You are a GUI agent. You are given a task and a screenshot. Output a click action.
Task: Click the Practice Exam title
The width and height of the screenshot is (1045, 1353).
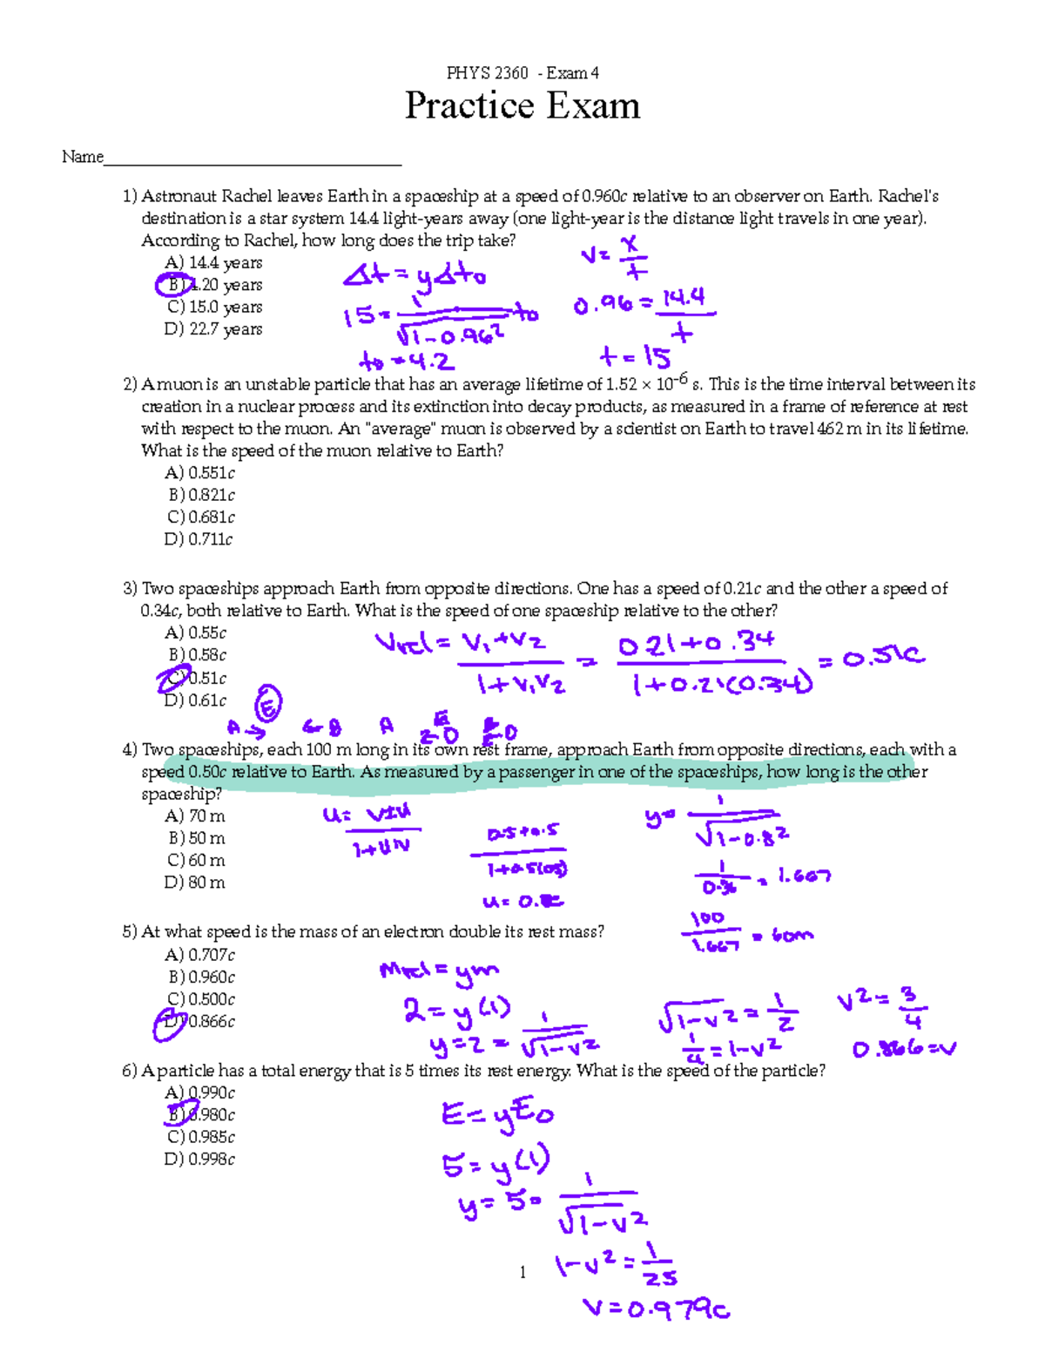522,106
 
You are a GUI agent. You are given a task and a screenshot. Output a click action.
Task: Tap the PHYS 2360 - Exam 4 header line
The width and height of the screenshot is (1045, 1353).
522,72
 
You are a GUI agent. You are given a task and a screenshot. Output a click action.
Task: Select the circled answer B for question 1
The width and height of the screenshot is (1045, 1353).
174,285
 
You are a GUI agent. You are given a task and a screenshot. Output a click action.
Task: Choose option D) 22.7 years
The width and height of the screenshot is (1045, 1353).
213,329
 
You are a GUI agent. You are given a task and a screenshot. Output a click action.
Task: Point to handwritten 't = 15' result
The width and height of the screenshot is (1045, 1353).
635,357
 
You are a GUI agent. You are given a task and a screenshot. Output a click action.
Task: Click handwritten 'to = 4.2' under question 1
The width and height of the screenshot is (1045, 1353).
406,361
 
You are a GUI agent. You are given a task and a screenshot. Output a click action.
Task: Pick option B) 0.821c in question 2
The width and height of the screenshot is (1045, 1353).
202,495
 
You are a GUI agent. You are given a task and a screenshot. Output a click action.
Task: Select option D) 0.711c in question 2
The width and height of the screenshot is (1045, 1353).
199,539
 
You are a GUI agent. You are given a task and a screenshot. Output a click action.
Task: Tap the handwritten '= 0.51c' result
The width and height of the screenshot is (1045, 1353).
871,658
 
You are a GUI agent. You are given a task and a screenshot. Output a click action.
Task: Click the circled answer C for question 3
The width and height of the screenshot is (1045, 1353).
174,678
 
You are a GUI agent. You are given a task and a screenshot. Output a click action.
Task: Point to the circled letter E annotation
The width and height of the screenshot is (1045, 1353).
267,705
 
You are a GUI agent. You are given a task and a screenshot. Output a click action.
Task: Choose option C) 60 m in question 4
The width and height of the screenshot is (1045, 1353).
197,860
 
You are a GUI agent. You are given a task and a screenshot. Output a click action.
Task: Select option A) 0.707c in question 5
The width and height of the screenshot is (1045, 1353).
200,955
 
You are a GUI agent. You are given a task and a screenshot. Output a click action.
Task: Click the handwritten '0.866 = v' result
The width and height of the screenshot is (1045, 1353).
903,1049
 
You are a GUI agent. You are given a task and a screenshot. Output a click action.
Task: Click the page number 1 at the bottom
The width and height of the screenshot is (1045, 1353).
522,1273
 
